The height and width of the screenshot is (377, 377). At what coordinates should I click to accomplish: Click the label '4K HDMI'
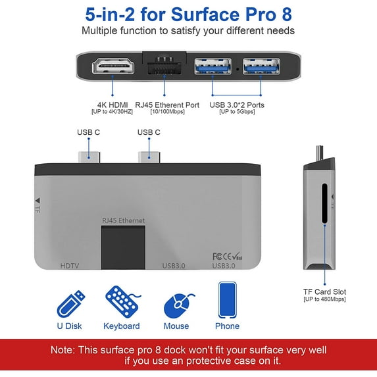pyautogui.click(x=113, y=103)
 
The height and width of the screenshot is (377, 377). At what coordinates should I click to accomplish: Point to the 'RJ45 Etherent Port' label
pyautogui.click(x=167, y=103)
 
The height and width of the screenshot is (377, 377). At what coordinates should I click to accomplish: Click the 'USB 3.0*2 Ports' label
pyautogui.click(x=237, y=103)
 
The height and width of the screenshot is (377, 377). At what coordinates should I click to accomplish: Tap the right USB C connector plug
pyautogui.click(x=149, y=157)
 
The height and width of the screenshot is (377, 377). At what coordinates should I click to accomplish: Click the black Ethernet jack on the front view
pyautogui.click(x=123, y=247)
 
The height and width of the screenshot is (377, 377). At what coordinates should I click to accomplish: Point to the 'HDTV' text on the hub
pyautogui.click(x=70, y=266)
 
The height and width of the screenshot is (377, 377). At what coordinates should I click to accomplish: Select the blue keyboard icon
pyautogui.click(x=121, y=302)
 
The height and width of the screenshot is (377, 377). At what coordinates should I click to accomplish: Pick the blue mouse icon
pyautogui.click(x=176, y=305)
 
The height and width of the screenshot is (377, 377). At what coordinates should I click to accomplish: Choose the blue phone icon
pyautogui.click(x=227, y=300)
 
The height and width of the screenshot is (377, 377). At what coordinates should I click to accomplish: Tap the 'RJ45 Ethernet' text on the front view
pyautogui.click(x=123, y=220)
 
